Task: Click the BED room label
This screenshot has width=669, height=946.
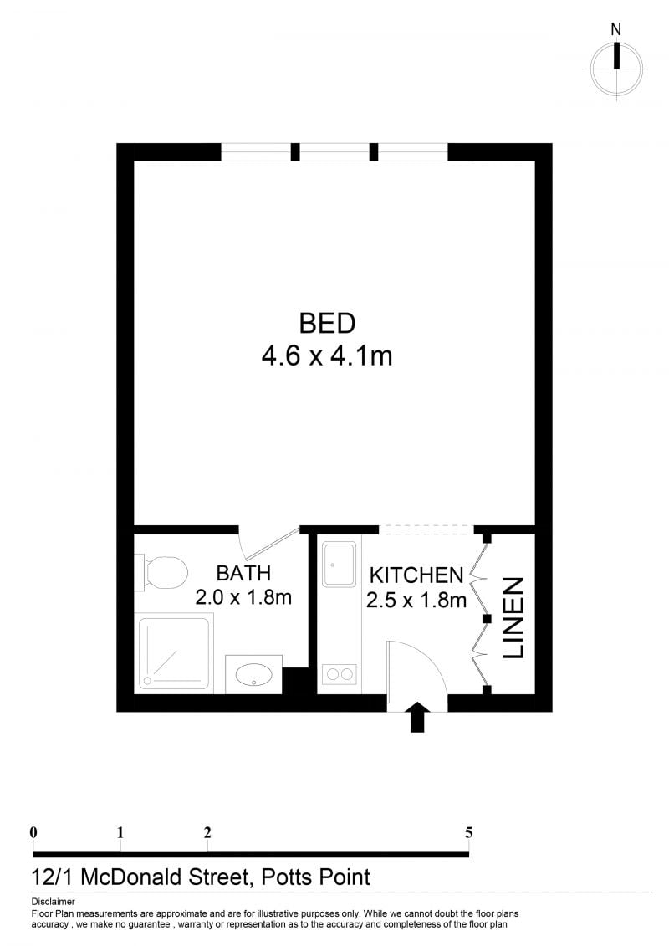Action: pos(327,324)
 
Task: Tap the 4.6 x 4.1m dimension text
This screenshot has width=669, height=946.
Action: pos(327,356)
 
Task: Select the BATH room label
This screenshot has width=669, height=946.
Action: pos(243,573)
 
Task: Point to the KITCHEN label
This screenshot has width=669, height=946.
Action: pos(416,575)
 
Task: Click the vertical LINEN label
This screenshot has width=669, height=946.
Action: pos(513,618)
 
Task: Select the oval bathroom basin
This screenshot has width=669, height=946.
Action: pos(253,674)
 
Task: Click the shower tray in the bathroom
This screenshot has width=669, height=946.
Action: pos(174,653)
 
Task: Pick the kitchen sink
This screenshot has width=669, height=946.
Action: pos(339,564)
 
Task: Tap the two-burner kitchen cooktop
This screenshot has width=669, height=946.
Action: pos(339,674)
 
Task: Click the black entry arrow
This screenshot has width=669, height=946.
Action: pos(417,717)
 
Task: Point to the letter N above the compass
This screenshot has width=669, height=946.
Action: pos(616,28)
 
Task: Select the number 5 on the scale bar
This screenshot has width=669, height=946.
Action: pos(469,832)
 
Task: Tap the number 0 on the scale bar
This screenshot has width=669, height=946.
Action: pos(33,832)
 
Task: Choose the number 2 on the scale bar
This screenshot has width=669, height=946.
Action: pos(207,832)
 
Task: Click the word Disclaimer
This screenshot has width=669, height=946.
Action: pos(53,902)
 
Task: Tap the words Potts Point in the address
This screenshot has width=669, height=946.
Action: pos(315,877)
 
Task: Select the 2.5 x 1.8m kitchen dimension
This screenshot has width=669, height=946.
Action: pos(416,601)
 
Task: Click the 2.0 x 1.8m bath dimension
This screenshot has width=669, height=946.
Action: pos(243,597)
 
